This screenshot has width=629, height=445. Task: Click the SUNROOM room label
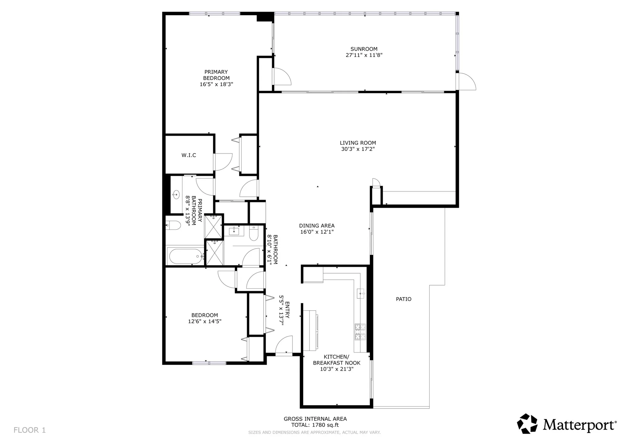[364, 49]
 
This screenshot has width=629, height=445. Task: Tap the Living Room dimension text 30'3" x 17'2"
[358, 149]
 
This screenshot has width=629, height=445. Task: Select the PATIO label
[404, 299]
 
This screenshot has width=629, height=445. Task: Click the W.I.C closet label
[189, 155]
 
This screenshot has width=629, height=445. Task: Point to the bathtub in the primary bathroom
[186, 256]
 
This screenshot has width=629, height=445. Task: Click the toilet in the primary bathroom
[173, 225]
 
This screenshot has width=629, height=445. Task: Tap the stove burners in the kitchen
[360, 332]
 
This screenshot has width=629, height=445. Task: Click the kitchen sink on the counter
[361, 294]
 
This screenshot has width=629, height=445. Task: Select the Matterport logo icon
[527, 424]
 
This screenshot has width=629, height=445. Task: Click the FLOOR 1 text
[30, 430]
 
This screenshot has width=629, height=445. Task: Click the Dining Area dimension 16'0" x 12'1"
[317, 232]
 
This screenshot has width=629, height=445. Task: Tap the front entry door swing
[284, 346]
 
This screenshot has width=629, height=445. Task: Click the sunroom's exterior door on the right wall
[466, 82]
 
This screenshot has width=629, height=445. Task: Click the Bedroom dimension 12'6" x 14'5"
[205, 321]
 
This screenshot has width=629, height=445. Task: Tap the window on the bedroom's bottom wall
[209, 363]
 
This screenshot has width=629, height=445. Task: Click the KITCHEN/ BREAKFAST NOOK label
[337, 360]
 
